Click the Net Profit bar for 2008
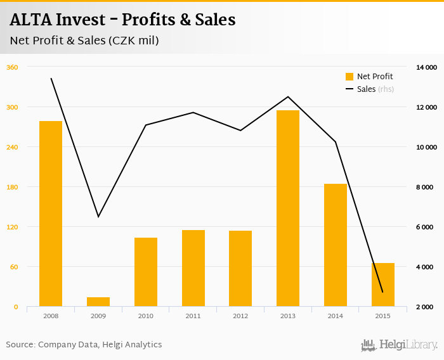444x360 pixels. (x=51, y=214)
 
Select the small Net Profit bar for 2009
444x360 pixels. (x=98, y=302)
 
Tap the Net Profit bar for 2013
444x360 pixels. (x=288, y=209)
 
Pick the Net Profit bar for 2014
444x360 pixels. (x=336, y=245)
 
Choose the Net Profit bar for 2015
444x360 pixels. (x=383, y=285)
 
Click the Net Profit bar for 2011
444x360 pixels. (x=193, y=268)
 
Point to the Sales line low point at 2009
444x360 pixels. (x=98, y=217)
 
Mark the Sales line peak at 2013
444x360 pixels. (x=288, y=97)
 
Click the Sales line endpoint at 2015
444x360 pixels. (x=382, y=292)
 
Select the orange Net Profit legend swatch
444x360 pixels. (x=349, y=77)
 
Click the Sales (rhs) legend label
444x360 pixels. (x=375, y=89)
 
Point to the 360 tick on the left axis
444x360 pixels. (x=11, y=67)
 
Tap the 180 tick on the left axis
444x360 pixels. (x=11, y=187)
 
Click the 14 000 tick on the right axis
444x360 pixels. (x=426, y=67)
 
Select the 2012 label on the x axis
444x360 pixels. (x=240, y=316)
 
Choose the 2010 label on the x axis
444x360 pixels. (x=146, y=316)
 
